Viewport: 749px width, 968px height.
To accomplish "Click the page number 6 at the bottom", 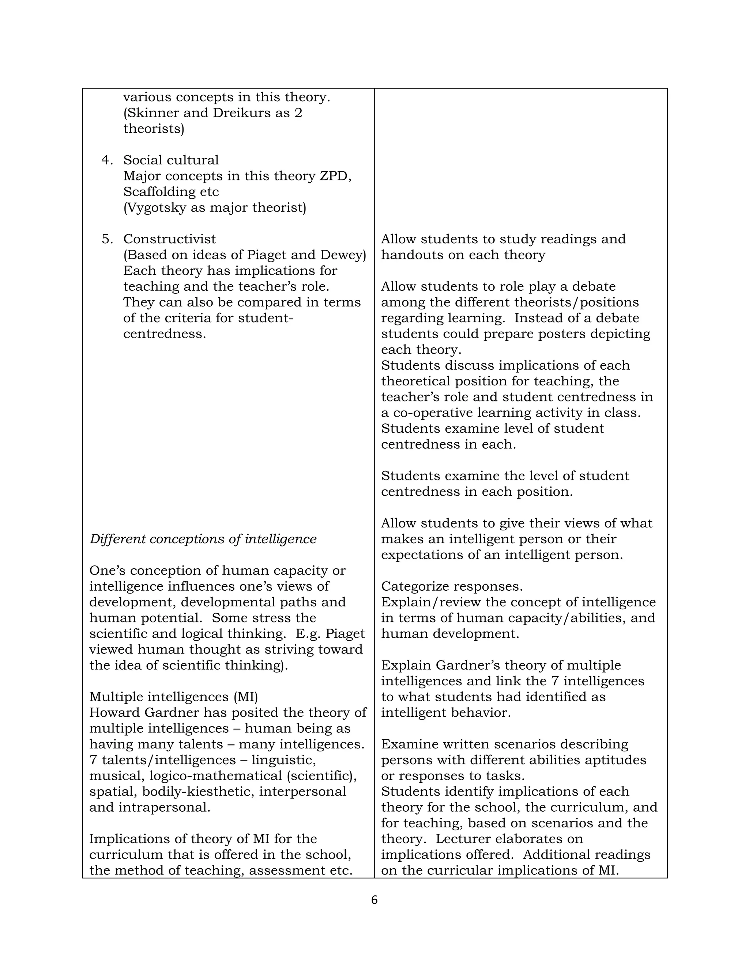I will (x=374, y=900).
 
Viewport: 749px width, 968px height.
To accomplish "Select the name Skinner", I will (x=151, y=113).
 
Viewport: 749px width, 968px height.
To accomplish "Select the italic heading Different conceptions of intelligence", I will (x=203, y=539).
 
